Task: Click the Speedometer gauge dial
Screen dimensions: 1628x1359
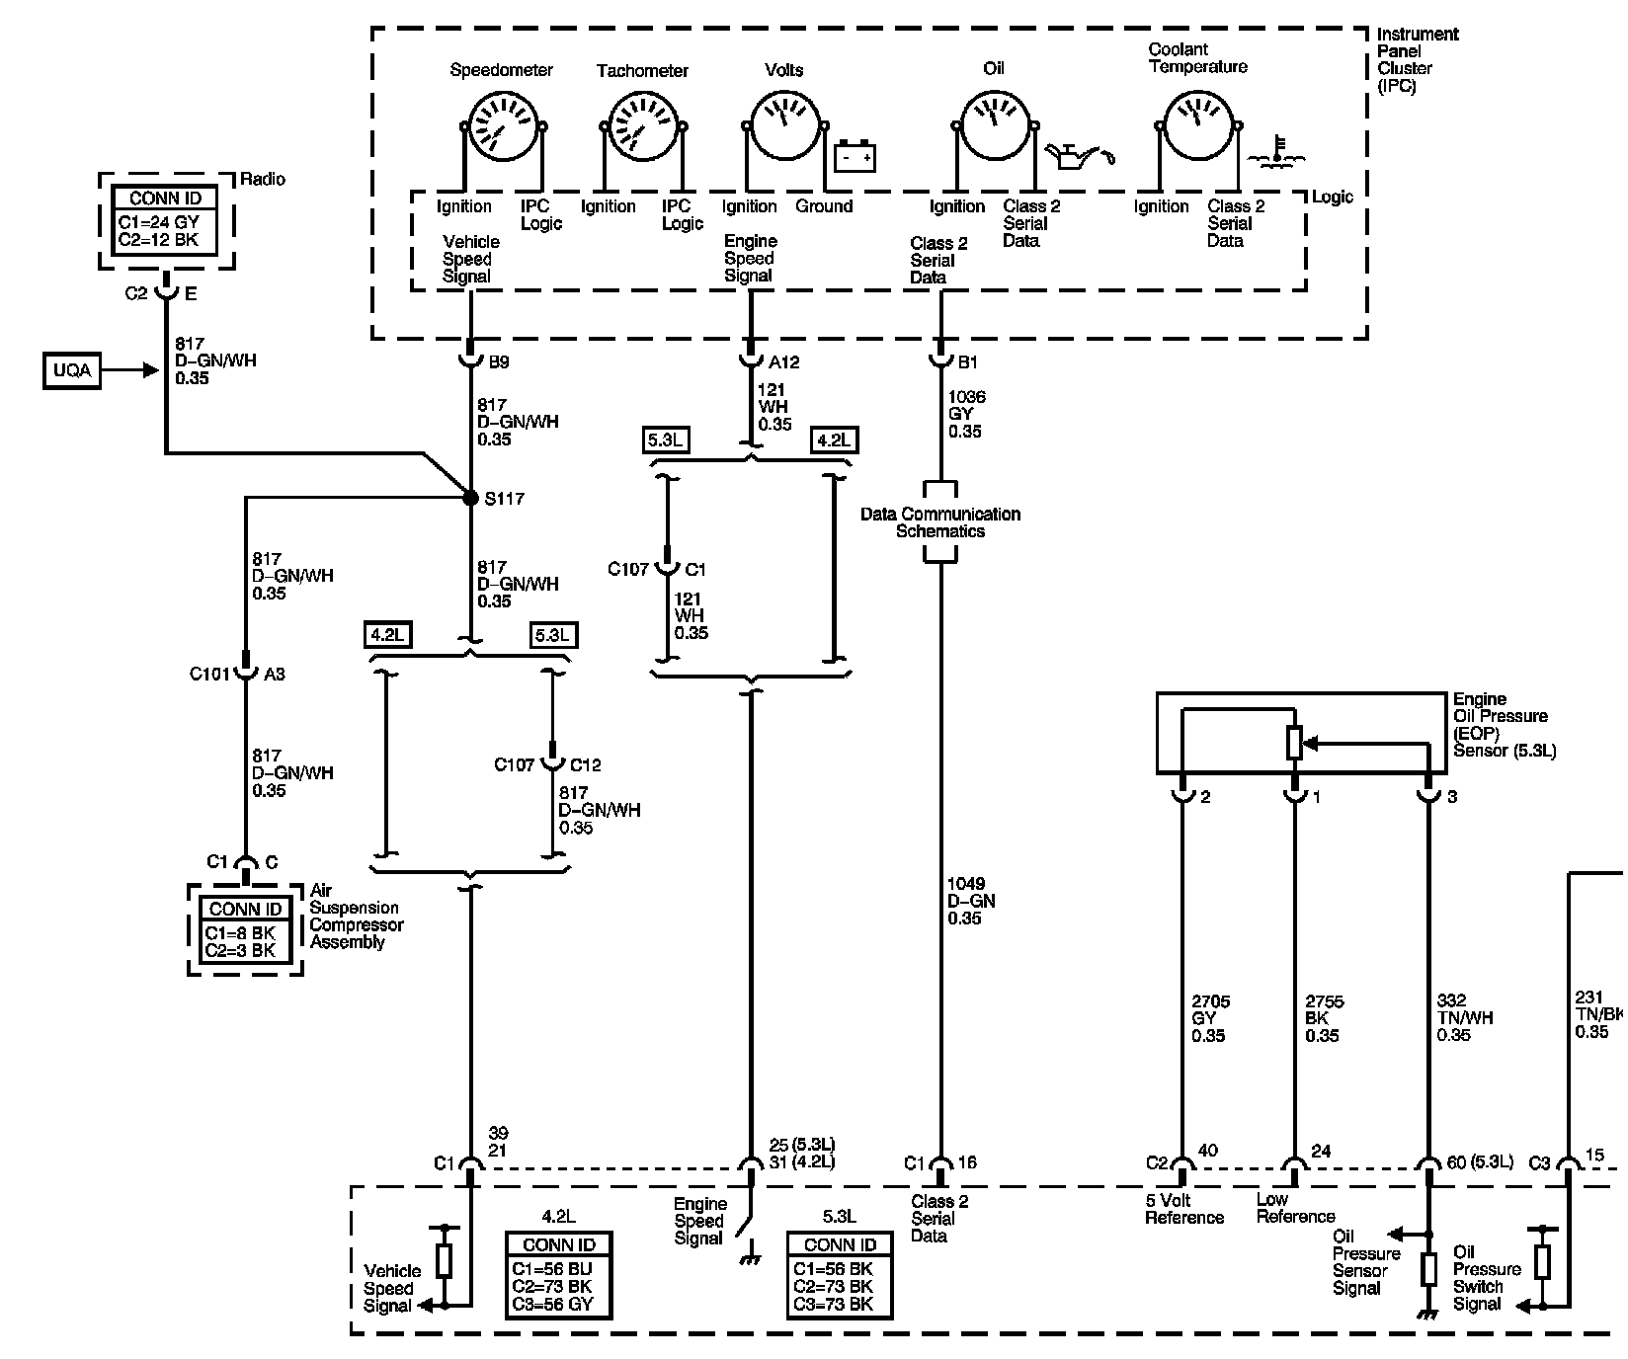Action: pyautogui.click(x=504, y=125)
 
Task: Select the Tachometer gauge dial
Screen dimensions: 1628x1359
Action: pyautogui.click(x=642, y=125)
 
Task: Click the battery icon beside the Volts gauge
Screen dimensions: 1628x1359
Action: pyautogui.click(x=855, y=156)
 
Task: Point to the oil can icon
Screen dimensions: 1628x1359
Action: pyautogui.click(x=1084, y=155)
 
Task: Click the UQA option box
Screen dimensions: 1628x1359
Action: pyautogui.click(x=72, y=370)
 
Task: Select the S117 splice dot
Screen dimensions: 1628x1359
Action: pyautogui.click(x=471, y=499)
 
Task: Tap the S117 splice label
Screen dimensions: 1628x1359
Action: pyautogui.click(x=504, y=499)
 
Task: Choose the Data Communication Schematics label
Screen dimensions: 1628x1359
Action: pyautogui.click(x=940, y=522)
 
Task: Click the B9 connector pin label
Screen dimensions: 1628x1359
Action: pyautogui.click(x=499, y=362)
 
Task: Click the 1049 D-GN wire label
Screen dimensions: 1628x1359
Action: pyautogui.click(x=970, y=901)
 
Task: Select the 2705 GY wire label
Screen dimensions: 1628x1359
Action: pyautogui.click(x=1208, y=1018)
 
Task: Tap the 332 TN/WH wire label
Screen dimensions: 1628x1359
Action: pyautogui.click(x=1466, y=1018)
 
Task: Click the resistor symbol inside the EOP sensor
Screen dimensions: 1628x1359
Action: pyautogui.click(x=1295, y=743)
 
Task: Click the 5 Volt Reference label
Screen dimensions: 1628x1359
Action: pyautogui.click(x=1184, y=1209)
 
